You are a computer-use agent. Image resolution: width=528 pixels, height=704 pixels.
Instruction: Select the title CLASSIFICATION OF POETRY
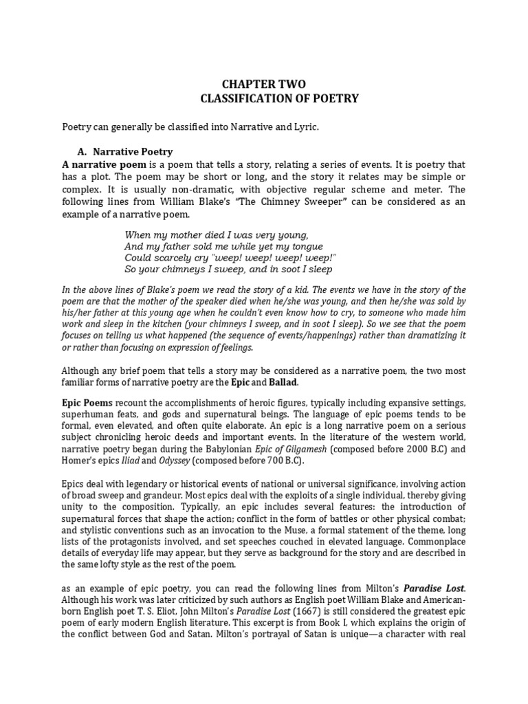click(x=279, y=98)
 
